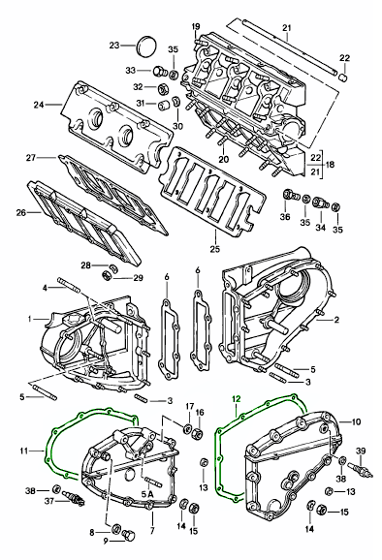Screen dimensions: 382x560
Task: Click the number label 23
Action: tap(114, 46)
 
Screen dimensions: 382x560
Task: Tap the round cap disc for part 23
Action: tap(146, 46)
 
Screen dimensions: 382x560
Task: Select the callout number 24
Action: tap(40, 105)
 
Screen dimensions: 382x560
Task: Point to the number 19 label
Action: tap(196, 26)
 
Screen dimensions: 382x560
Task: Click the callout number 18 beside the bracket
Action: tap(330, 165)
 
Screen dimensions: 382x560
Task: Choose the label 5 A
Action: tap(147, 494)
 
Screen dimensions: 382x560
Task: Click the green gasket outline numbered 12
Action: tap(218, 464)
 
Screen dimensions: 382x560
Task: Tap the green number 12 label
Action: tap(237, 398)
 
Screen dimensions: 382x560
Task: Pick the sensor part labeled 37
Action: tap(73, 497)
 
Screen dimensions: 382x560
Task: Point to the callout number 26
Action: tap(21, 213)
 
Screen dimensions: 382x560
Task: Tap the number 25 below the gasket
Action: tap(215, 249)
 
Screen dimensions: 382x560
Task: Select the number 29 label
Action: tap(139, 277)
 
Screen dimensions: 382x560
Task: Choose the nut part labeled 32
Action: tap(163, 88)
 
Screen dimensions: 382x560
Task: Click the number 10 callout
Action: tap(356, 421)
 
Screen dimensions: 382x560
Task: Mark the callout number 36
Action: tap(285, 217)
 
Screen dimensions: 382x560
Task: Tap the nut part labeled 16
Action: tap(200, 434)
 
